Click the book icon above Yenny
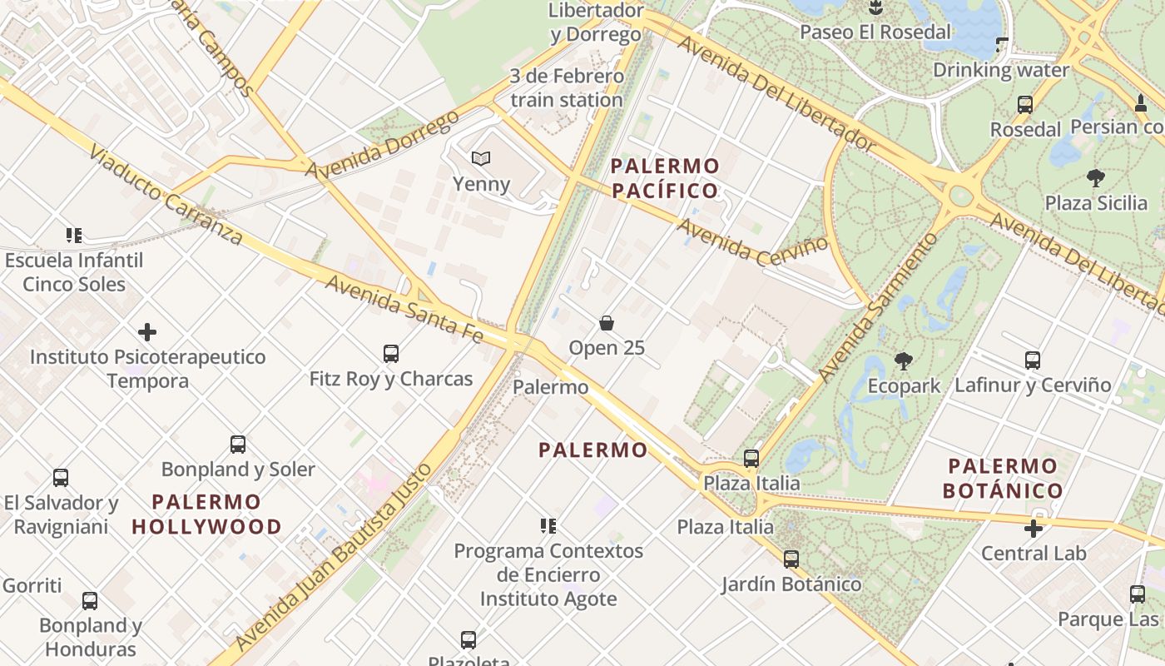coord(480,158)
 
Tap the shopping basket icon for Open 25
coord(607,323)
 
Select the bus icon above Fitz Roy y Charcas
coord(391,354)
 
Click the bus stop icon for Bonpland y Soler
coord(238,445)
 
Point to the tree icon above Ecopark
coord(904,360)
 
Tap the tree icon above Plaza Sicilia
coord(1096,177)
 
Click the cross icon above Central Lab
coord(1034,529)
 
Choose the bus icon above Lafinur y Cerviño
coord(1033,360)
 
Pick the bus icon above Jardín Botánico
coord(791,559)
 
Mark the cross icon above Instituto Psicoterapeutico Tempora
coord(147,332)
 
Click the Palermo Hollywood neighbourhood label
coord(206,514)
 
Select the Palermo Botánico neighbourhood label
coord(1003,478)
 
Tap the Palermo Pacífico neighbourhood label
coord(665,178)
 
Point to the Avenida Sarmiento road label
coord(877,308)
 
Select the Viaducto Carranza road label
coord(166,196)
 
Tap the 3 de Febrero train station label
coord(567,88)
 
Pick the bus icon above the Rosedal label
coord(1025,105)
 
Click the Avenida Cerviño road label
coord(752,241)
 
